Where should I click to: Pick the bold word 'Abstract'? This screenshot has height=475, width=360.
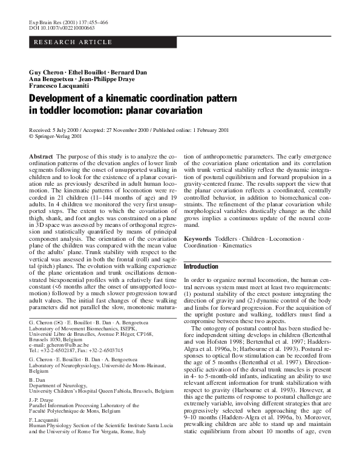tap(41, 156)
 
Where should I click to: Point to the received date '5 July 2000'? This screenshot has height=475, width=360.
tap(66, 130)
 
